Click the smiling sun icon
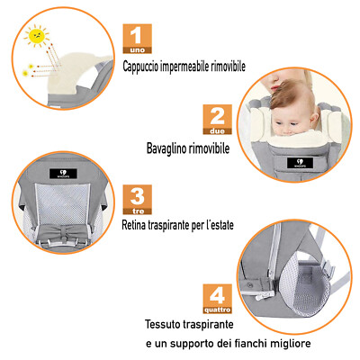[x=37, y=37]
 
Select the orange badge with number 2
[x=217, y=119]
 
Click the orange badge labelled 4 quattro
[x=217, y=296]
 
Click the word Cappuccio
[x=148, y=66]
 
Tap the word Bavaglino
[x=169, y=147]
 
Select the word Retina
[x=135, y=225]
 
